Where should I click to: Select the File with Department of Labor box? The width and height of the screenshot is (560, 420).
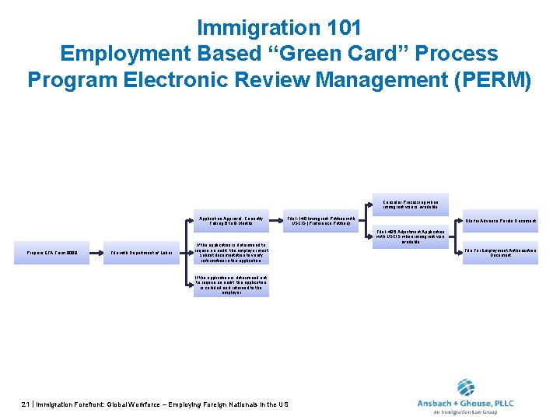point(142,253)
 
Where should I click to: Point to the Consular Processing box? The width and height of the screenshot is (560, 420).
point(410,205)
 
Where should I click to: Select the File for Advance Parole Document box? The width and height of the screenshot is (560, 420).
point(500,221)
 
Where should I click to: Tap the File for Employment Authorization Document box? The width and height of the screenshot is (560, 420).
point(500,253)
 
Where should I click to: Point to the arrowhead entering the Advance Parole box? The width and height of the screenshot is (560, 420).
point(460,221)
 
